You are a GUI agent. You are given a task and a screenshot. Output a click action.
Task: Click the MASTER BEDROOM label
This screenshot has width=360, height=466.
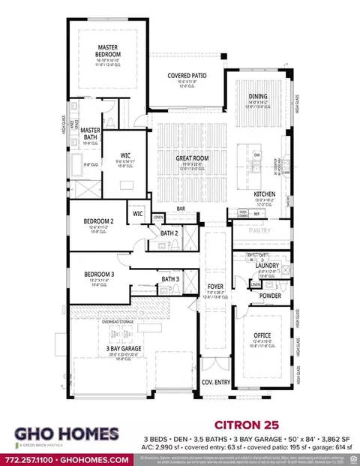coord(108,50)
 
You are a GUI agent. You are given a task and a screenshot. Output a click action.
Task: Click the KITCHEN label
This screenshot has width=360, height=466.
coord(265,194)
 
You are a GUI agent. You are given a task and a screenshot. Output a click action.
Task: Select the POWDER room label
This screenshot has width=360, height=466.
coord(271,296)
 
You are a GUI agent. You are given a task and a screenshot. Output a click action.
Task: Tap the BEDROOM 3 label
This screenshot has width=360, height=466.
coord(99,275)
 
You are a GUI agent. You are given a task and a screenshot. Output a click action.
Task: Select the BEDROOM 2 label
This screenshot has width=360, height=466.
coord(99,221)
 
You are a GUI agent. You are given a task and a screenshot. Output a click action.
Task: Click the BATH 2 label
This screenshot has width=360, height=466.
coord(169,233)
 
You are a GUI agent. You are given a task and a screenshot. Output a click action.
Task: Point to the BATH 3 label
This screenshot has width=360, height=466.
coord(170,280)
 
